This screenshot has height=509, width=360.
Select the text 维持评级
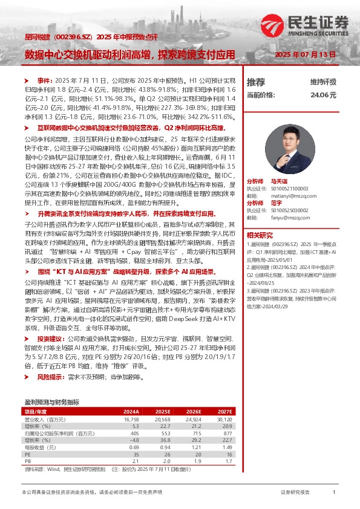pos(323,82)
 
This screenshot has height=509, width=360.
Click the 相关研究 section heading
pos(261,235)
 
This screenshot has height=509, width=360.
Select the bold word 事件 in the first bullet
pos(45,80)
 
